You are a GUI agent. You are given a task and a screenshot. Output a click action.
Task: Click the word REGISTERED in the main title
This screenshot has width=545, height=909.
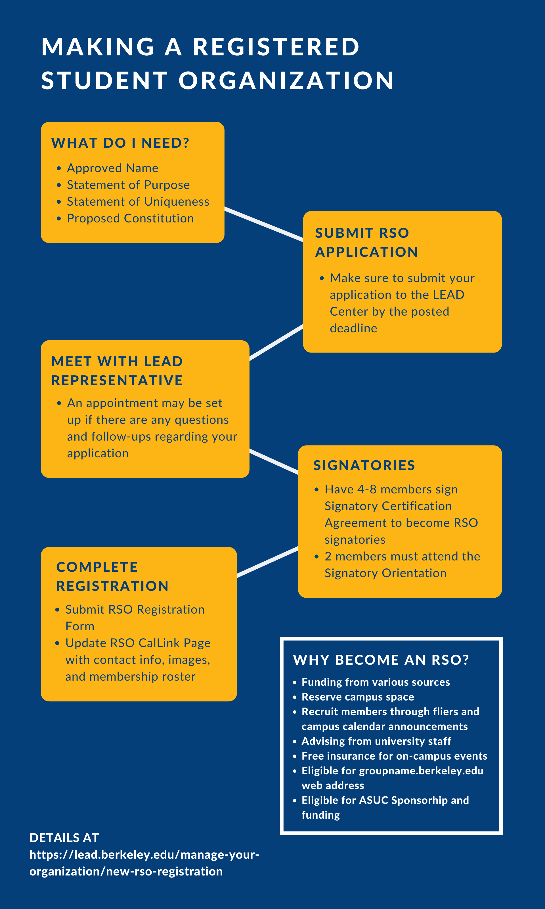276,47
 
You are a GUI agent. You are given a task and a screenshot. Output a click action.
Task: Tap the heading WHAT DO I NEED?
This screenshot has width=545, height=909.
120,143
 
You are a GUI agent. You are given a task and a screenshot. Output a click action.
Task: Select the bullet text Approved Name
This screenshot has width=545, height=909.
112,168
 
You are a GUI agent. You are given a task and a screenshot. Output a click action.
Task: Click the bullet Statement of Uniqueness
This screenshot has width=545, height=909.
138,201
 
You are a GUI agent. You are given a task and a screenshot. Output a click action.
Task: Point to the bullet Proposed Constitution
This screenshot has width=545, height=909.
130,218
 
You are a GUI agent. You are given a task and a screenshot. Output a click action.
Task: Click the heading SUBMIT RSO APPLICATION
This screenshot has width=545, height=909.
366,242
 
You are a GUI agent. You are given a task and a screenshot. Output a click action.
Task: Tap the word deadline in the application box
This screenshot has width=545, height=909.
353,328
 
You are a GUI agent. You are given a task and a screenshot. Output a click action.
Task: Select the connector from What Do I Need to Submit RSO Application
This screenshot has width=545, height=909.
264,224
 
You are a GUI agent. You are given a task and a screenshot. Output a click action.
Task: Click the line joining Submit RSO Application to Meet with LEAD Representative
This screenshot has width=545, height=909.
276,342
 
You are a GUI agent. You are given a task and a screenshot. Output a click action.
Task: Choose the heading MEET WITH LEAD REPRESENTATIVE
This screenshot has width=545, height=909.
117,371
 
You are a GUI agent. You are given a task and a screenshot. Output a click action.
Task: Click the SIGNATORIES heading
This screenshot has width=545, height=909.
364,465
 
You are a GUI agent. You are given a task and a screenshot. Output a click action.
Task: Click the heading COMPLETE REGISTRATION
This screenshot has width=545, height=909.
112,576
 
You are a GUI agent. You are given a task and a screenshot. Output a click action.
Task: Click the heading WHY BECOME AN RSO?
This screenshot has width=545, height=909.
381,660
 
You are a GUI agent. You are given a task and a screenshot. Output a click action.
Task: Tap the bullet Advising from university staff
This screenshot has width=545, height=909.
376,741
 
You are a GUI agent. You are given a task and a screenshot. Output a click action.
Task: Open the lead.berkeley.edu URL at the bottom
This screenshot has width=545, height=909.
144,863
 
